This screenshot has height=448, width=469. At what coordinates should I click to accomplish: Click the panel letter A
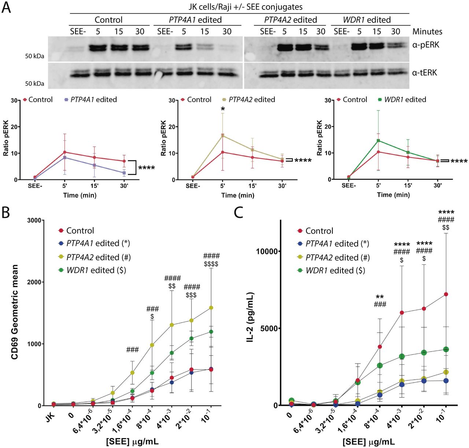click(6, 7)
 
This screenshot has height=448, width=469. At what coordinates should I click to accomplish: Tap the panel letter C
click(239, 212)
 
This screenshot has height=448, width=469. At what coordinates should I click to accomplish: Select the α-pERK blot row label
click(425, 45)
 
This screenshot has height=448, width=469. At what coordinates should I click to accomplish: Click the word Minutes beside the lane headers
click(427, 32)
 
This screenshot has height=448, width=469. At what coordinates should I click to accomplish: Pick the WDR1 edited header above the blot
click(366, 20)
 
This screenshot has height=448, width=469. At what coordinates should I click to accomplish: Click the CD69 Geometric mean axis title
click(15, 312)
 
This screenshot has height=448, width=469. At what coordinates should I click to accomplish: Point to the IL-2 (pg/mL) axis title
click(250, 317)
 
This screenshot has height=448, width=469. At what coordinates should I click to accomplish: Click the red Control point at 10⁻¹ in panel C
click(446, 294)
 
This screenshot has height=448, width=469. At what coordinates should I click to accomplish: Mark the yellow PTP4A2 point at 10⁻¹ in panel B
click(211, 308)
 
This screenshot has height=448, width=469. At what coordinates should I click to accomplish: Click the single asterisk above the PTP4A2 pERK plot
click(222, 109)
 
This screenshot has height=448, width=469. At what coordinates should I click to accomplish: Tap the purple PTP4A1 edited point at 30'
click(124, 173)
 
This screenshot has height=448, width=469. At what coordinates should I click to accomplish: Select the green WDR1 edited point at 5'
click(378, 141)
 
